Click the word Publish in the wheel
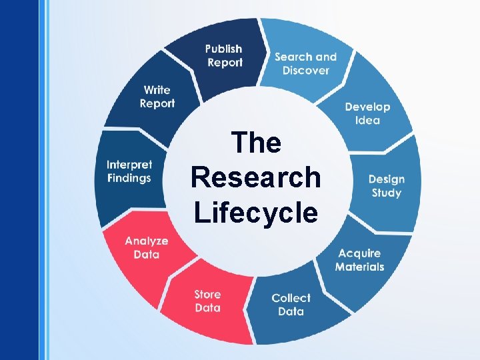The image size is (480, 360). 223,49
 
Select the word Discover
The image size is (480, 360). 305,71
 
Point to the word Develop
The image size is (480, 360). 367,107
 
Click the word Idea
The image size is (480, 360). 367,121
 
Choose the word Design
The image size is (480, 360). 386,179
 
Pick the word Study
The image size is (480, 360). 387,193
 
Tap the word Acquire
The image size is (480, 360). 359,253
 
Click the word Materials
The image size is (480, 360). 359,267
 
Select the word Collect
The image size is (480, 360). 291,298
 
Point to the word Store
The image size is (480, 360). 207,294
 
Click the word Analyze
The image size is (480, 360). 146,241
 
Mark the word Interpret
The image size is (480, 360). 129,165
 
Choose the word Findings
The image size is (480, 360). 129,178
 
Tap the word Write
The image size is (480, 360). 157,90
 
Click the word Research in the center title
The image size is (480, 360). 255,177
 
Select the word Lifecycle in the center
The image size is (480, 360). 255,213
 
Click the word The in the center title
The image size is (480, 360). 255,143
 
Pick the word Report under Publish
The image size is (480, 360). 225,63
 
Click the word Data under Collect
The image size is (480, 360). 291,311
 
